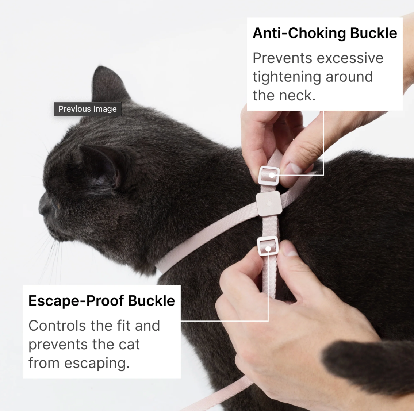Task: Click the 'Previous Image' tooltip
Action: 88,109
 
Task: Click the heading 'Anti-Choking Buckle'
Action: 325,33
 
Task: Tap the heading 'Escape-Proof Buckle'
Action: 101,301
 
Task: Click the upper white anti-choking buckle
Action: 269,175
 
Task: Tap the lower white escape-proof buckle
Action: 268,246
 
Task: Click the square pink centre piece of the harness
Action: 268,203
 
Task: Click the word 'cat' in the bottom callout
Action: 129,345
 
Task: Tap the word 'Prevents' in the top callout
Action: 282,58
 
